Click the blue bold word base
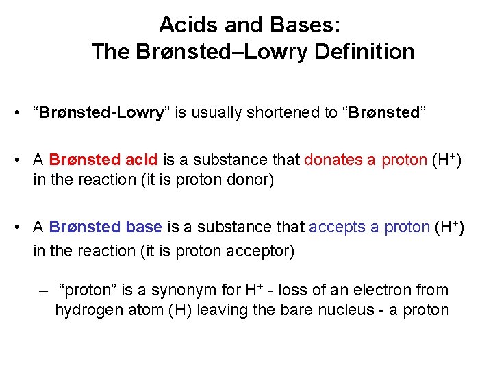143,227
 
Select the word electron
383,291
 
